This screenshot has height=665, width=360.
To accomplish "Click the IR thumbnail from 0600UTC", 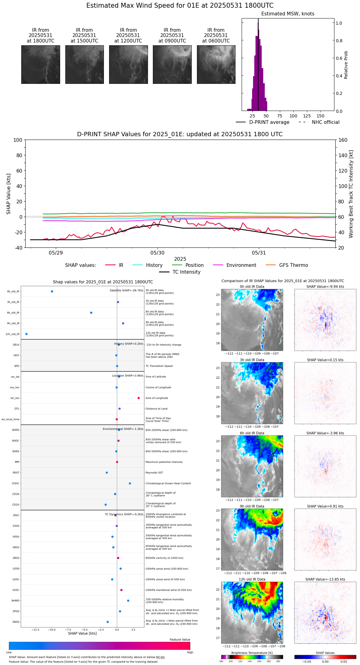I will tap(216, 64).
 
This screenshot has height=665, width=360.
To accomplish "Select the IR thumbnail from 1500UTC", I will tap(84, 64).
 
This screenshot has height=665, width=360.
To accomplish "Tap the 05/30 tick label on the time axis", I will tap(157, 253).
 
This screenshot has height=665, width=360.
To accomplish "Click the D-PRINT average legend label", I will tap(269, 122).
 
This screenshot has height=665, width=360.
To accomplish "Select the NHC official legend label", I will tap(325, 122).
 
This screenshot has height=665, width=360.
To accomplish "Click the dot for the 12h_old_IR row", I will tap(27, 334).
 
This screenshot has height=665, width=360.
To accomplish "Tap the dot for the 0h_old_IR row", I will tap(52, 292).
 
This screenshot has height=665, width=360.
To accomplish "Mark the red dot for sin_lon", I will tap(139, 398).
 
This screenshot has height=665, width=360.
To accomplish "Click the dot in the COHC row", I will tap(130, 483).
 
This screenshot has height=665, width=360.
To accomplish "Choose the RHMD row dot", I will tap(128, 601).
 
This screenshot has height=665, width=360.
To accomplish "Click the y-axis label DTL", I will tap(17, 409).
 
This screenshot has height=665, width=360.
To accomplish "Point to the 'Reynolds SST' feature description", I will tap(154, 473).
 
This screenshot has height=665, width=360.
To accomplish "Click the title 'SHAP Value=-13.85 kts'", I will tap(325, 579).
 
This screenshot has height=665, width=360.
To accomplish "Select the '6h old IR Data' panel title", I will tap(252, 433).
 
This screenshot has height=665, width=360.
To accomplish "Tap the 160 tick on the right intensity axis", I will tap(343, 140).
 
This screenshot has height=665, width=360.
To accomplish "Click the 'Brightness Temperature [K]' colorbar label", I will tap(252, 653).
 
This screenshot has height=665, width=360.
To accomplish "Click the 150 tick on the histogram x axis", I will tap(321, 116).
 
